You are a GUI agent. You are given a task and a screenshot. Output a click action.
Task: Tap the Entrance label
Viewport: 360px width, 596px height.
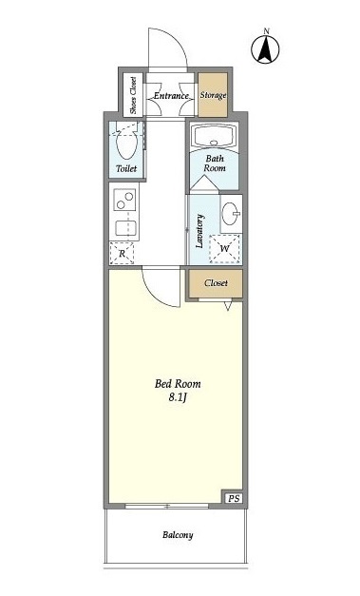click(171, 96)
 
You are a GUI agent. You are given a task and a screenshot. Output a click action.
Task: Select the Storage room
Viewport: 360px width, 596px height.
click(213, 95)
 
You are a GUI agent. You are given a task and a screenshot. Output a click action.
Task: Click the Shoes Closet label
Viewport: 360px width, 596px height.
click(133, 95)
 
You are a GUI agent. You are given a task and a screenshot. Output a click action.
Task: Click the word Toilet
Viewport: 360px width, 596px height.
click(126, 168)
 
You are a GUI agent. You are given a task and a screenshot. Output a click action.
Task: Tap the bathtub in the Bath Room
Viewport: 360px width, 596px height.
click(215, 137)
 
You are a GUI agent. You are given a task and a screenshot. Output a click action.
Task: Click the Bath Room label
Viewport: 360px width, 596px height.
click(215, 163)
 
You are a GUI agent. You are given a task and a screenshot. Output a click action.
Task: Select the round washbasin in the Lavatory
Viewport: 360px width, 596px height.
click(231, 213)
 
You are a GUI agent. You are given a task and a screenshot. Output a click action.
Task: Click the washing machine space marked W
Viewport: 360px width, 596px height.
click(225, 249)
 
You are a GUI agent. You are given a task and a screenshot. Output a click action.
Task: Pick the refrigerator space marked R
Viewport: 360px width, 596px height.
click(122, 253)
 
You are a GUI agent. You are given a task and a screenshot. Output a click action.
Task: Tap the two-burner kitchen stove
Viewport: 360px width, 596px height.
click(124, 200)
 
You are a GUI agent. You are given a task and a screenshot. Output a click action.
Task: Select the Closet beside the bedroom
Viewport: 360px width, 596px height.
click(216, 283)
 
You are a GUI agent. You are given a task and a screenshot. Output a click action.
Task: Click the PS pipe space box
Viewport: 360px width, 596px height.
click(234, 498)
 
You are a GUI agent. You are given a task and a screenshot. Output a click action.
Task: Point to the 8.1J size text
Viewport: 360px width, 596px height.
click(179, 397)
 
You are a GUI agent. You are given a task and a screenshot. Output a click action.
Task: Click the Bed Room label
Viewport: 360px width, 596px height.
click(178, 383)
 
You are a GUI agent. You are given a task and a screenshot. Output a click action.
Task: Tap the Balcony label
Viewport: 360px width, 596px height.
click(178, 535)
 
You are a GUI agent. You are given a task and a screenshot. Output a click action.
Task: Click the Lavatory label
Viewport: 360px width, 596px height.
click(200, 231)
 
